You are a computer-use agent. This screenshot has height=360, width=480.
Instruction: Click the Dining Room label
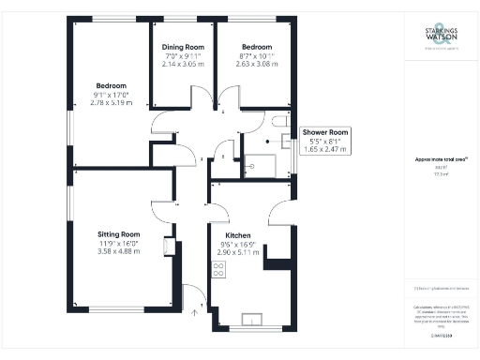[x=182, y=47]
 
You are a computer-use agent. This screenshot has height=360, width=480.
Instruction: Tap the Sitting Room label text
[x=119, y=233]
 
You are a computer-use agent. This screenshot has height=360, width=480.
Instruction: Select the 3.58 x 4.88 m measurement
[x=119, y=251]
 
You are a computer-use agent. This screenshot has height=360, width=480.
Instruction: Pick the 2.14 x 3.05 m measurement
[x=182, y=64]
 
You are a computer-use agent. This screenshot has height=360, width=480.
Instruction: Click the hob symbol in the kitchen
[x=219, y=270]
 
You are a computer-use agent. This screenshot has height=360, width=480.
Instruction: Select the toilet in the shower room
[x=278, y=122]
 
